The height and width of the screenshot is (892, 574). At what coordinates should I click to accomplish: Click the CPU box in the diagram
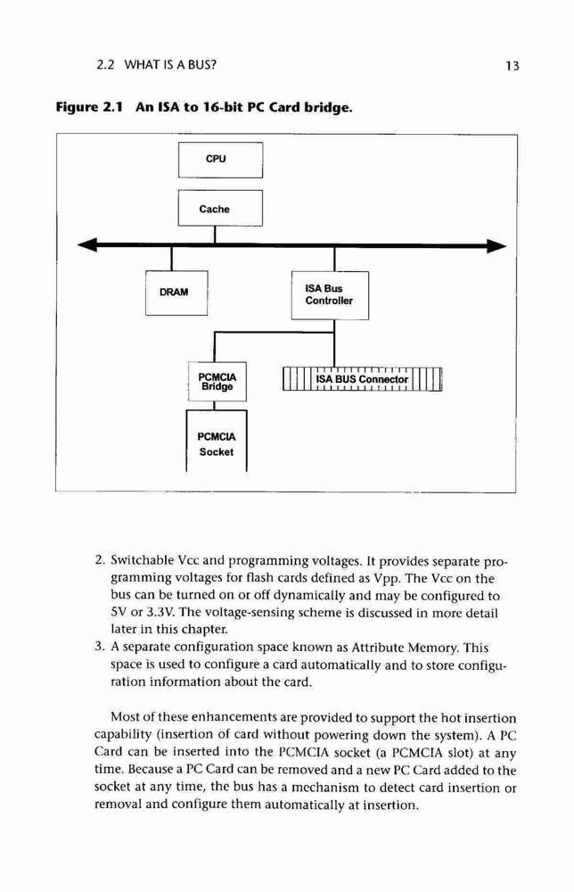pos(220,160)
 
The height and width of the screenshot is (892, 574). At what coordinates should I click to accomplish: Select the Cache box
pos(220,208)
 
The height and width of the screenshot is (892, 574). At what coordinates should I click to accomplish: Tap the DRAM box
pos(176,293)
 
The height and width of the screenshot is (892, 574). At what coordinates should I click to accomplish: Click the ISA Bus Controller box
pos(330,295)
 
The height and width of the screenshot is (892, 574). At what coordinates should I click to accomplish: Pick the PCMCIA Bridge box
pos(217,382)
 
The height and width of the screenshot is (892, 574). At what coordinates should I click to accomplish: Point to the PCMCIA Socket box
pos(217,441)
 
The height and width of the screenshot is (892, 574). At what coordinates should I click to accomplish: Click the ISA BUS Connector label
pos(362,379)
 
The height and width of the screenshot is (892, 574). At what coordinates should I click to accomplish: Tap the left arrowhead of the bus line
pos(87,245)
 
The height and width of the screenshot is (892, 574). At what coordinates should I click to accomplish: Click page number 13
pos(512,66)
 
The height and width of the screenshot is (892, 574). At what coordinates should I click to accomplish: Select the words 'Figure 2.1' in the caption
pos(88,107)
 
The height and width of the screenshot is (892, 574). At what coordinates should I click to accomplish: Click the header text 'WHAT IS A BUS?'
pos(170,64)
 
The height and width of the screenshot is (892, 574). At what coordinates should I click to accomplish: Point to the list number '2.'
pos(100,560)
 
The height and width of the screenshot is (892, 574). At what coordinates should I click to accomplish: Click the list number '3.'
pos(100,647)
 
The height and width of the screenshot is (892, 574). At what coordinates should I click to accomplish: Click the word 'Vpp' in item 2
pos(388,579)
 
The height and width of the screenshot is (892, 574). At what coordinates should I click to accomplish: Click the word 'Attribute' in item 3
pos(378,648)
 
